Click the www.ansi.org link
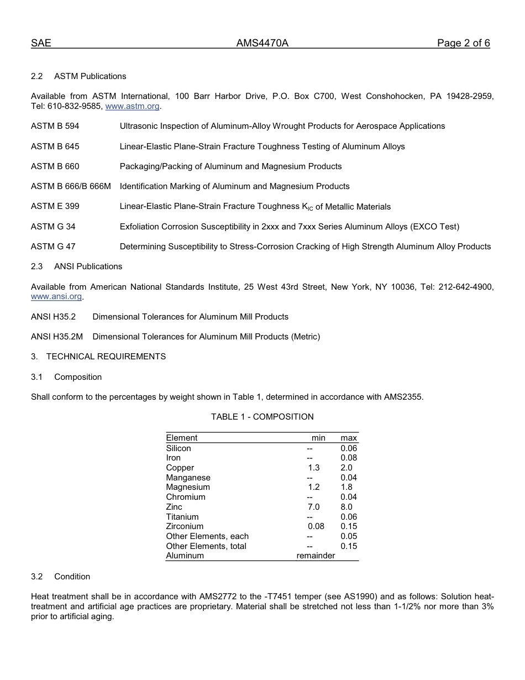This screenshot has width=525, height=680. click(56, 297)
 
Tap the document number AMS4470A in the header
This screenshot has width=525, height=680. click(262, 44)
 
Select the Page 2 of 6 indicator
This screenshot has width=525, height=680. click(463, 44)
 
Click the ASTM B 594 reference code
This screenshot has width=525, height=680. click(55, 126)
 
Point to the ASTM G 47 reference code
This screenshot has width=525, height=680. click(53, 247)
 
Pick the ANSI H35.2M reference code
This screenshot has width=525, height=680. click(56, 337)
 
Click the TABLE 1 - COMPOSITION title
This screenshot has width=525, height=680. click(262, 417)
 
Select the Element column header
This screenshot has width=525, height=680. click(181, 438)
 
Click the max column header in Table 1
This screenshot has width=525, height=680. click(349, 438)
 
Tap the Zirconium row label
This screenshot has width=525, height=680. click(185, 526)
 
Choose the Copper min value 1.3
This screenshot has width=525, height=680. click(313, 468)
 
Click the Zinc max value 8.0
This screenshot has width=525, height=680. click(346, 507)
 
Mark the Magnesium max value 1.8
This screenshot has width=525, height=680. click(346, 487)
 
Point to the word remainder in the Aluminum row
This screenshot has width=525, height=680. click(316, 556)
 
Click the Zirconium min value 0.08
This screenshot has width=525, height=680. click(316, 526)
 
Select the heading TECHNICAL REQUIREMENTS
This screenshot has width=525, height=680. click(106, 357)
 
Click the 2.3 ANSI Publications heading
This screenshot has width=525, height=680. click(77, 266)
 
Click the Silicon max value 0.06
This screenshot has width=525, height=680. click(349, 448)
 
